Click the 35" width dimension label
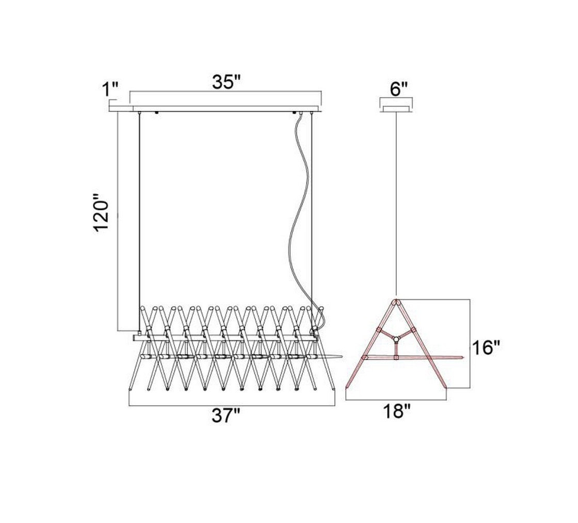pos(226,82)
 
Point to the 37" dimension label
pos(226,417)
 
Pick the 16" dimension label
pos(486,347)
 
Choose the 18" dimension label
pos(396,411)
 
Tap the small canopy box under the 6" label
pos(396,109)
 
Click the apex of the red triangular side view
pos(396,301)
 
